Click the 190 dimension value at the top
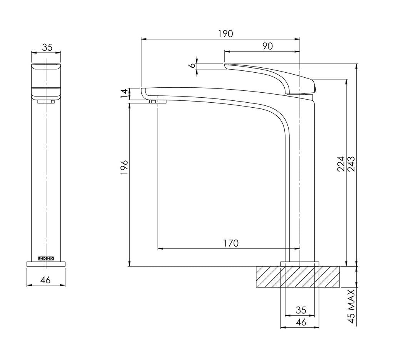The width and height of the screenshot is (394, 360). click(225, 34)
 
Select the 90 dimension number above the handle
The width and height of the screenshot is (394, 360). click(267, 46)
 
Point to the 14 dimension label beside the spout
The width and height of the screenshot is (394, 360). click(125, 94)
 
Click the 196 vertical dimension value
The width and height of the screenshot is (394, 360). click(124, 167)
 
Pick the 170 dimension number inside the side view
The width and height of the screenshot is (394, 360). click(231, 243)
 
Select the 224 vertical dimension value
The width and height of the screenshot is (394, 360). click(341, 164)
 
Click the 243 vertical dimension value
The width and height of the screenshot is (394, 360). click(351, 164)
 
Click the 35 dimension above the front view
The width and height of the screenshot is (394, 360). click(47, 47)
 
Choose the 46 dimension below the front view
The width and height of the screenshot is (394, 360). click(45, 280)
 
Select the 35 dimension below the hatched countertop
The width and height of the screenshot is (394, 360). click(301, 310)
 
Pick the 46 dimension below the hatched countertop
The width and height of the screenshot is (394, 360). click(301, 322)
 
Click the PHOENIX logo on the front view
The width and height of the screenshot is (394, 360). click(46, 258)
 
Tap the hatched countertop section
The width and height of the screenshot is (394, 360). click(298, 277)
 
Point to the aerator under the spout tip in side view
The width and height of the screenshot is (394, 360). click(158, 101)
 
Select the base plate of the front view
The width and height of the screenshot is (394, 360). click(46, 264)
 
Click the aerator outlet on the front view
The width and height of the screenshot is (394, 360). click(46, 101)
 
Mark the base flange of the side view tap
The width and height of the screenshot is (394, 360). click(300, 264)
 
